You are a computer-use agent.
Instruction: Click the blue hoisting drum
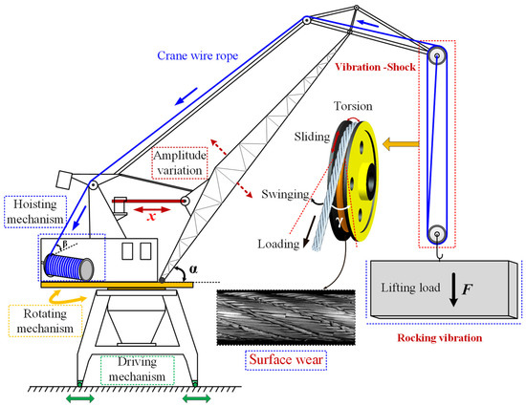pos(64,260)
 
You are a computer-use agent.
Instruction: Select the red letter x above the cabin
pos(150,216)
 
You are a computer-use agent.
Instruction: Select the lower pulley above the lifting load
pos(437,234)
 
